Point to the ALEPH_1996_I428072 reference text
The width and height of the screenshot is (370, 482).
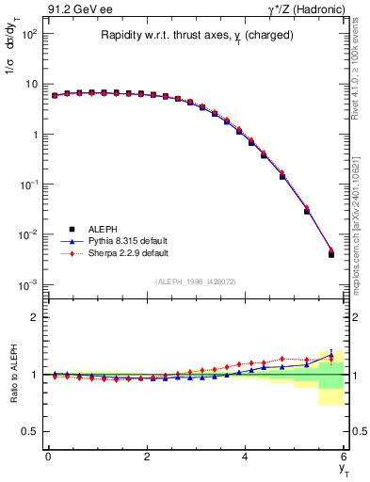tap(195, 281)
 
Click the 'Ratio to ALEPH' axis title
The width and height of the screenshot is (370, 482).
tap(12, 375)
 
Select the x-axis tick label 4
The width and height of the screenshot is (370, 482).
tap(245, 457)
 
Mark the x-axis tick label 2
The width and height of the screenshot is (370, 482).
tap(147, 457)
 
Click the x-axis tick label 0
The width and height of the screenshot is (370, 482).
tap(48, 457)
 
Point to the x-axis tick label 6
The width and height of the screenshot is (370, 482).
tap(344, 457)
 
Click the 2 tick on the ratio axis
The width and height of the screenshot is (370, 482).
tap(35, 317)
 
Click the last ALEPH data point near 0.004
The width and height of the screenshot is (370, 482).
tap(330, 254)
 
